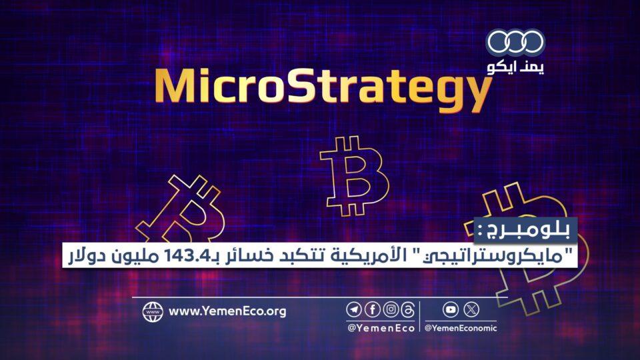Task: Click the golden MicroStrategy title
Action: pos(323,89)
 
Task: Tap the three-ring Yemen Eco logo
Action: pos(515,42)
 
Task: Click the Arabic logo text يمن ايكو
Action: pos(516,67)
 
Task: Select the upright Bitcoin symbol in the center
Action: pos(354,176)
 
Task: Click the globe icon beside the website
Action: pos(153,312)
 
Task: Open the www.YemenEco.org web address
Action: pos(227,311)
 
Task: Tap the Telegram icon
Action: pos(354,310)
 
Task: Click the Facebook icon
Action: pos(372,310)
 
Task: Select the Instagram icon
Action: pos(391,310)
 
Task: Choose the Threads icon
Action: pos(408,310)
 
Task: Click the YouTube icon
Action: pos(451,310)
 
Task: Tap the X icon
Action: pos(471,310)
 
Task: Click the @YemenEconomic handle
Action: pos(461,328)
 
